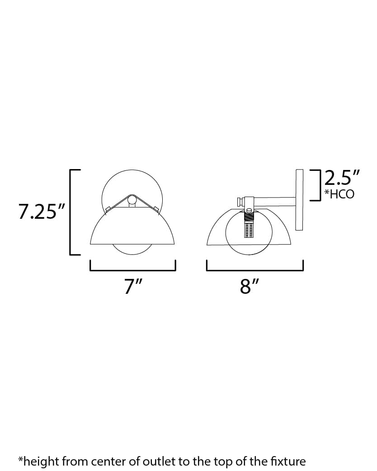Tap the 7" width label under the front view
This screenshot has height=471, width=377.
pos(133,287)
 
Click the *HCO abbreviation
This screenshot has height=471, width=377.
pos(339,194)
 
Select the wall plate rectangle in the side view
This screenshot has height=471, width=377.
pos(299,199)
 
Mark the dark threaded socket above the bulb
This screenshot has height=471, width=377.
pos(249,217)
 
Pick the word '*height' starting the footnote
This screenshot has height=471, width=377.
pos(38,461)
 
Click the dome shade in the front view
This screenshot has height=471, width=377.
pos(132,228)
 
